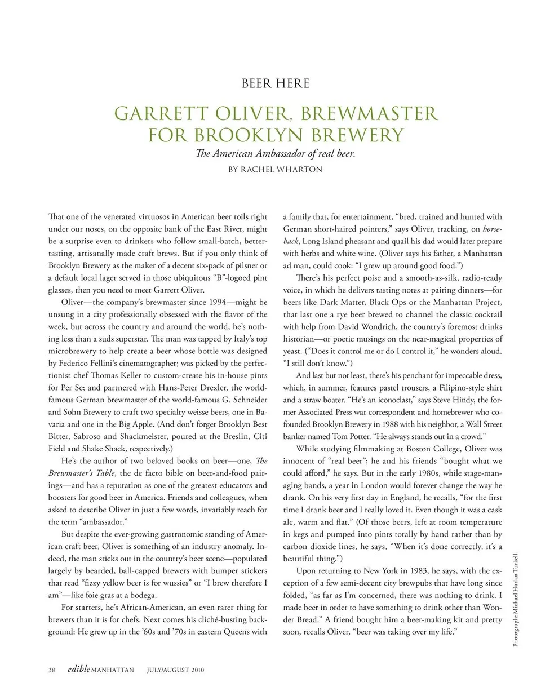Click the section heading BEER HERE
[x=276, y=83]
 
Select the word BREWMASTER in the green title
[x=369, y=113]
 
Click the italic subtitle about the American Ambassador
[x=276, y=153]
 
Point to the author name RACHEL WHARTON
[x=282, y=169]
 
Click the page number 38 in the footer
[x=52, y=670]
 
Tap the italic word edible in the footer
[x=78, y=670]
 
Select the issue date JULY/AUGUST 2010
[x=175, y=670]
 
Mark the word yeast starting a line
[x=292, y=351]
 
